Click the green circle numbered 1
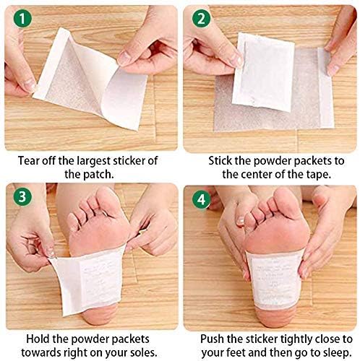[22, 19]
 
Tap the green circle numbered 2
[201, 19]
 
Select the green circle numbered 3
[22, 196]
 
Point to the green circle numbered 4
[202, 199]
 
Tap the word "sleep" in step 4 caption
[336, 353]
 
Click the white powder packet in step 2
[263, 73]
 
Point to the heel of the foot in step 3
[99, 314]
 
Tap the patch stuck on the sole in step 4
[275, 280]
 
